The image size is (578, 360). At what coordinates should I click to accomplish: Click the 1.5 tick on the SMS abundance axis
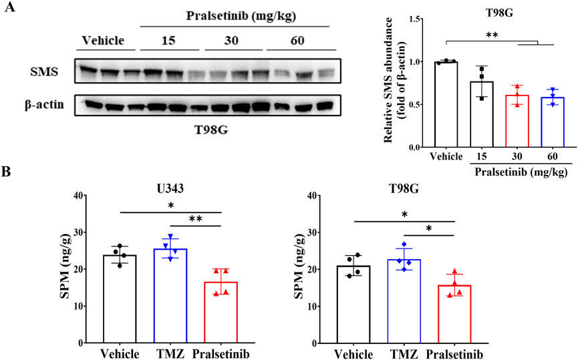tap(416, 19)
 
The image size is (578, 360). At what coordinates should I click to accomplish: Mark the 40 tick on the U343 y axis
tap(82, 196)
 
